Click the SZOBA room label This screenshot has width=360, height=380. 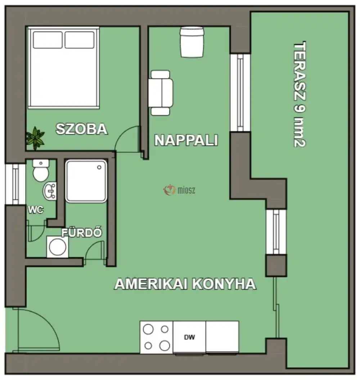[82, 129]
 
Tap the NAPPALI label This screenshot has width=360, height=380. [186, 140]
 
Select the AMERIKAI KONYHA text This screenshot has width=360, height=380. [185, 284]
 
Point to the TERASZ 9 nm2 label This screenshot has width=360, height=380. [300, 95]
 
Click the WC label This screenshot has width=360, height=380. [36, 210]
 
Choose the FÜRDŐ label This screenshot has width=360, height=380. [82, 233]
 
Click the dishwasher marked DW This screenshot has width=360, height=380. [189, 337]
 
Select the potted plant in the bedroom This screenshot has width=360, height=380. [35, 137]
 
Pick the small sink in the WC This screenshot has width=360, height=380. [50, 191]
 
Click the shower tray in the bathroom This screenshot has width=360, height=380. [86, 181]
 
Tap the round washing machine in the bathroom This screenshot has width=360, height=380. [57, 247]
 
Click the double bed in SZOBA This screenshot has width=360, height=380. [63, 67]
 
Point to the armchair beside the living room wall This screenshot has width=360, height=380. [161, 93]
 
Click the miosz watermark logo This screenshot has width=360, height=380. [179, 190]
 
